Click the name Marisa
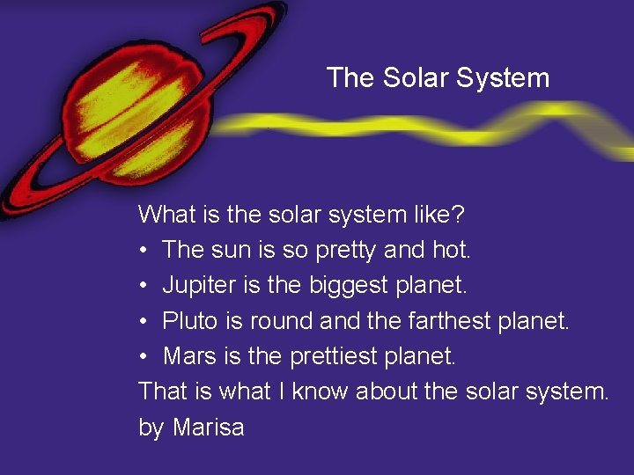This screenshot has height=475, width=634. (209, 427)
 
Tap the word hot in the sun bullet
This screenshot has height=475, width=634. (453, 250)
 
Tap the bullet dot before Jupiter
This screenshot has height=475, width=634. (144, 286)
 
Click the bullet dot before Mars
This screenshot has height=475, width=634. (144, 356)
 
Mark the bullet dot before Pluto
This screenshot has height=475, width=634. (144, 321)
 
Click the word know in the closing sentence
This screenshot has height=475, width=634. (321, 391)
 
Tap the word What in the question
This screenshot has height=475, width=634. (167, 214)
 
